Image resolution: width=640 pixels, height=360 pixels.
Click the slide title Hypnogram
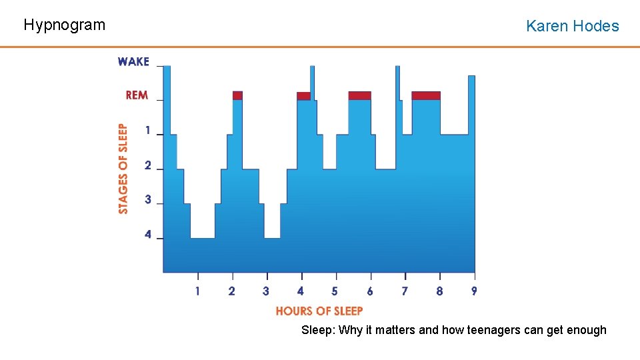[x=64, y=25]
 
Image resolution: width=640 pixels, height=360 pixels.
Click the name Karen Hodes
[x=572, y=26]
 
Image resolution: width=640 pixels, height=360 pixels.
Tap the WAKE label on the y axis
[x=133, y=61]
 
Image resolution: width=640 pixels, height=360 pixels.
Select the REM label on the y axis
[x=137, y=95]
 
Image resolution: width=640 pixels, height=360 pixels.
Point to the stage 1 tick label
[x=148, y=131]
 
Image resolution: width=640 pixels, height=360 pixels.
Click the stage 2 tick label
[x=148, y=165]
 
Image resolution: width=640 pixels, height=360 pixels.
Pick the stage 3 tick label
[x=148, y=200]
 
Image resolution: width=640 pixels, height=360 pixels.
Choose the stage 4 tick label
[x=148, y=235]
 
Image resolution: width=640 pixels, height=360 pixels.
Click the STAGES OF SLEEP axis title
[x=123, y=169]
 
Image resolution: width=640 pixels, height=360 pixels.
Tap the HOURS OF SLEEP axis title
[x=319, y=311]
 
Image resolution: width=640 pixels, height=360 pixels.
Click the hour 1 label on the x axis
[x=197, y=291]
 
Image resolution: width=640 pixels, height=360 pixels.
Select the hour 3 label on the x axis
[x=266, y=291]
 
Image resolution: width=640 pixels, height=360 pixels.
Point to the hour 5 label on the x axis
[x=335, y=291]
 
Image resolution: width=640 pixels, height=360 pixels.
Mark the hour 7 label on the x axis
[x=404, y=291]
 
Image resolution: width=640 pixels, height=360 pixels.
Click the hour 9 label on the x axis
[x=474, y=291]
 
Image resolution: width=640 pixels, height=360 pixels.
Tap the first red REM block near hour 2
[x=237, y=95]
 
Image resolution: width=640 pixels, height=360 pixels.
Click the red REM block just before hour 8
[x=426, y=95]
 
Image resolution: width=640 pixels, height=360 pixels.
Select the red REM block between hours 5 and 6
[x=359, y=95]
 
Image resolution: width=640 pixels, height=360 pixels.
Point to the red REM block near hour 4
[x=303, y=96]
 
